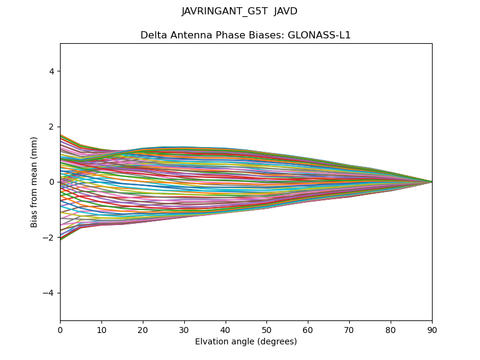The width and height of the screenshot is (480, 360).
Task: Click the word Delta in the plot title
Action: coord(152,35)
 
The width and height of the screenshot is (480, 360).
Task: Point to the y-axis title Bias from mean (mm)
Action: coord(35,182)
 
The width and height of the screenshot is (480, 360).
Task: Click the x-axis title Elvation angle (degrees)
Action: coord(246,342)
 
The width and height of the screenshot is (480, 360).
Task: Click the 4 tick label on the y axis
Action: coord(52,71)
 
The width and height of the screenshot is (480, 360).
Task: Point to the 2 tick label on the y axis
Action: coord(52,127)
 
